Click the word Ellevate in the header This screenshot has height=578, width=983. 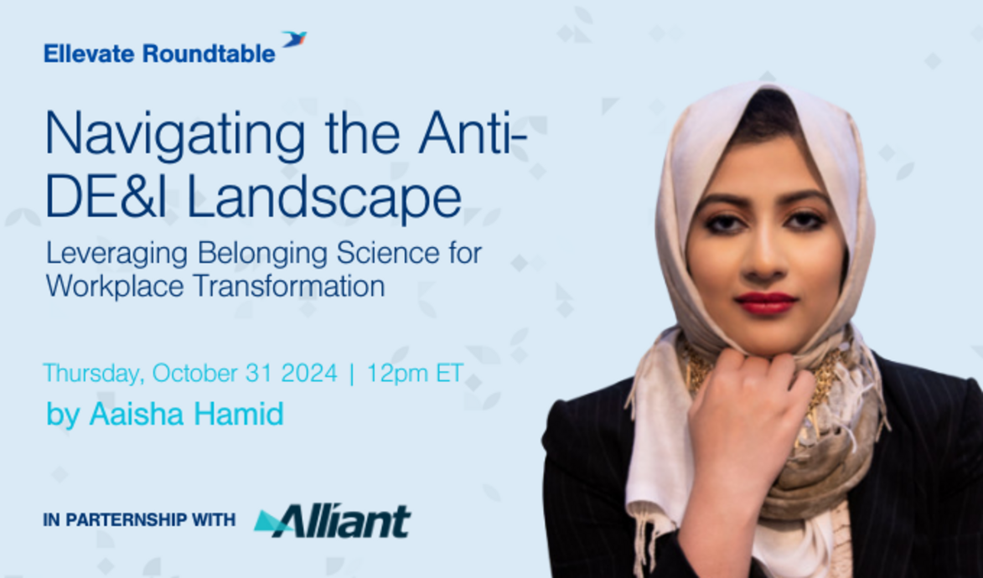(x=90, y=54)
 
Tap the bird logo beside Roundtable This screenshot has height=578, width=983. (x=294, y=39)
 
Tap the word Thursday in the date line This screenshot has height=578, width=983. (x=93, y=373)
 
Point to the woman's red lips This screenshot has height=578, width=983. (x=765, y=302)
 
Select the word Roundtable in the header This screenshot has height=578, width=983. (x=209, y=54)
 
